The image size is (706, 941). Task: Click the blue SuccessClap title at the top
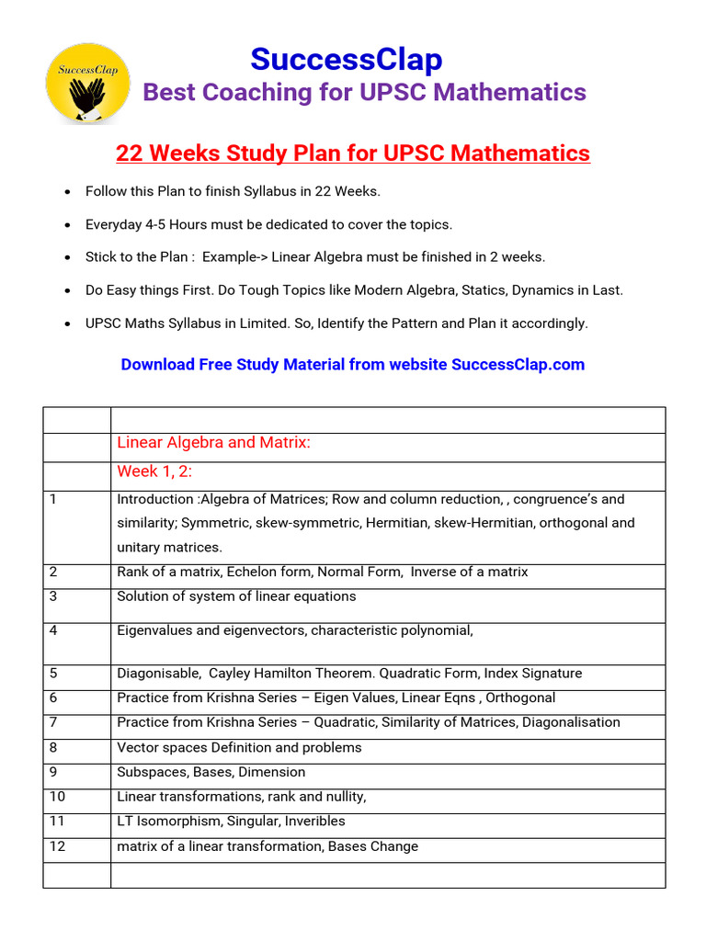pyautogui.click(x=347, y=60)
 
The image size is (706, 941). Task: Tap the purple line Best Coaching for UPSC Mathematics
pyautogui.click(x=364, y=92)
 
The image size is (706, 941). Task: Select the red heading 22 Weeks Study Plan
pyautogui.click(x=353, y=153)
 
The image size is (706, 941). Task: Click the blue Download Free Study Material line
pyautogui.click(x=353, y=364)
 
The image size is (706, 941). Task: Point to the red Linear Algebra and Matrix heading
pyautogui.click(x=214, y=443)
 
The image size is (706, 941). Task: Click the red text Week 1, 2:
pyautogui.click(x=154, y=471)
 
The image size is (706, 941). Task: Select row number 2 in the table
pyautogui.click(x=53, y=572)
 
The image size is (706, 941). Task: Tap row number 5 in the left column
pyautogui.click(x=53, y=674)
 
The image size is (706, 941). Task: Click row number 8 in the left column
pyautogui.click(x=53, y=747)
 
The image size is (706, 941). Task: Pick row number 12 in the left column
pyautogui.click(x=57, y=846)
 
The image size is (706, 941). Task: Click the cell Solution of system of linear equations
pyautogui.click(x=236, y=596)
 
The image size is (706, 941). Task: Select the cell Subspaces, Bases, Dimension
pyautogui.click(x=211, y=772)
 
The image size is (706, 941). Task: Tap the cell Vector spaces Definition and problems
pyautogui.click(x=239, y=747)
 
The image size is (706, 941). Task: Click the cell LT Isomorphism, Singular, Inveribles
pyautogui.click(x=231, y=822)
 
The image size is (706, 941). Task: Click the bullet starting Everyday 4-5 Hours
pyautogui.click(x=268, y=224)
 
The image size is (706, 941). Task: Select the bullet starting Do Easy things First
pyautogui.click(x=354, y=290)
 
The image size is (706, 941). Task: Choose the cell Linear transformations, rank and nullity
pyautogui.click(x=242, y=797)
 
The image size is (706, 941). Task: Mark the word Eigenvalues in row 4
pyautogui.click(x=154, y=630)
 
